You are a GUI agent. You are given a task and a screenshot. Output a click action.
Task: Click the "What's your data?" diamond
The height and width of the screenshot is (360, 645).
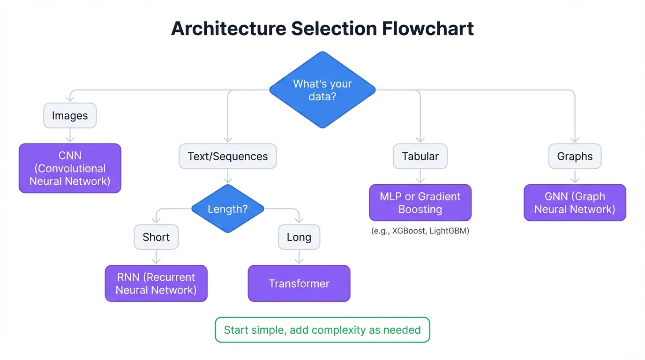pyautogui.click(x=322, y=90)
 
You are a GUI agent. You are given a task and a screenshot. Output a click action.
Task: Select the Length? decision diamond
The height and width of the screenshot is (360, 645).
pyautogui.click(x=228, y=209)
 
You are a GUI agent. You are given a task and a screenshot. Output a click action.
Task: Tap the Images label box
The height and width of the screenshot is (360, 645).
pyautogui.click(x=70, y=115)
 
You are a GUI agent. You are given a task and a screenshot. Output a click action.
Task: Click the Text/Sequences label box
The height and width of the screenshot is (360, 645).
pyautogui.click(x=228, y=156)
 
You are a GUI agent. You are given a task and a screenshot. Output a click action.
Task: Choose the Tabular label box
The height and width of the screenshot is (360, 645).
pyautogui.click(x=420, y=156)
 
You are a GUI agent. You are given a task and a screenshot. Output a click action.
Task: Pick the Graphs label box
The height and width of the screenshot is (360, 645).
pyautogui.click(x=575, y=156)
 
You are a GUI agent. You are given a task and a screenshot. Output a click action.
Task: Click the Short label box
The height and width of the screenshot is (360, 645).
pyautogui.click(x=156, y=237)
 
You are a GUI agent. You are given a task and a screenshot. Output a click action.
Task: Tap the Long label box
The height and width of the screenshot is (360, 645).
pyautogui.click(x=299, y=237)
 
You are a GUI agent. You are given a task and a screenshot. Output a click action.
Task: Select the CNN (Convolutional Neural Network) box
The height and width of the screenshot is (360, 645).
pyautogui.click(x=70, y=168)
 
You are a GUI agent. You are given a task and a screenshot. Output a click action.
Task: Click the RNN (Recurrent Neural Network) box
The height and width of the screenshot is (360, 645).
pyautogui.click(x=156, y=283)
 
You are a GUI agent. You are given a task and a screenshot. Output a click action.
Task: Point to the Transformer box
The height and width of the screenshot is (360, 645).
pyautogui.click(x=299, y=283)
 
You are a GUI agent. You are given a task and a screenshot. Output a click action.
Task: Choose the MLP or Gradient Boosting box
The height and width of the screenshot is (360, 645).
pyautogui.click(x=420, y=202)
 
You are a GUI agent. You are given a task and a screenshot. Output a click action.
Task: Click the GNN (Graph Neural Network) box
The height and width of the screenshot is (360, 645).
pyautogui.click(x=575, y=202)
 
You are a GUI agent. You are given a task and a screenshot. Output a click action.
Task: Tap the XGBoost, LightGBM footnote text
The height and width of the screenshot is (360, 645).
pyautogui.click(x=420, y=231)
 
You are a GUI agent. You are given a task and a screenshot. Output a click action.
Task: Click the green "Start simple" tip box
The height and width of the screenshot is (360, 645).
pyautogui.click(x=322, y=330)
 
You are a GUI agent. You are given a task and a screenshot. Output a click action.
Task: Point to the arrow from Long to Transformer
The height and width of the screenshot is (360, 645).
pyautogui.click(x=299, y=257)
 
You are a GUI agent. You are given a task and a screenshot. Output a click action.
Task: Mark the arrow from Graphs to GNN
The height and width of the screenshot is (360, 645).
pyautogui.click(x=575, y=176)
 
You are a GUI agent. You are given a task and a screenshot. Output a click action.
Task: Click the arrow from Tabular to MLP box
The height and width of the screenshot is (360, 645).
pyautogui.click(x=420, y=176)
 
